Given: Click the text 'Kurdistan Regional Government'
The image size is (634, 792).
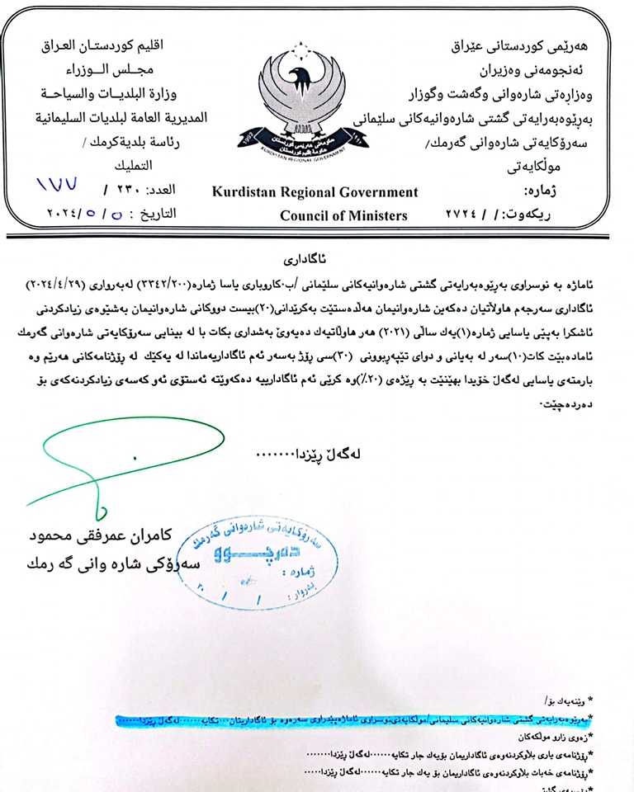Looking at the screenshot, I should (x=315, y=192).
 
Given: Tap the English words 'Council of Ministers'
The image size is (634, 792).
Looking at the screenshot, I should (x=343, y=215).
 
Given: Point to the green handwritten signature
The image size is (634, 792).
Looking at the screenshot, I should (x=116, y=462).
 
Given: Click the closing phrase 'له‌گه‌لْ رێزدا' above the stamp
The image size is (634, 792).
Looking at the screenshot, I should (x=330, y=454).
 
